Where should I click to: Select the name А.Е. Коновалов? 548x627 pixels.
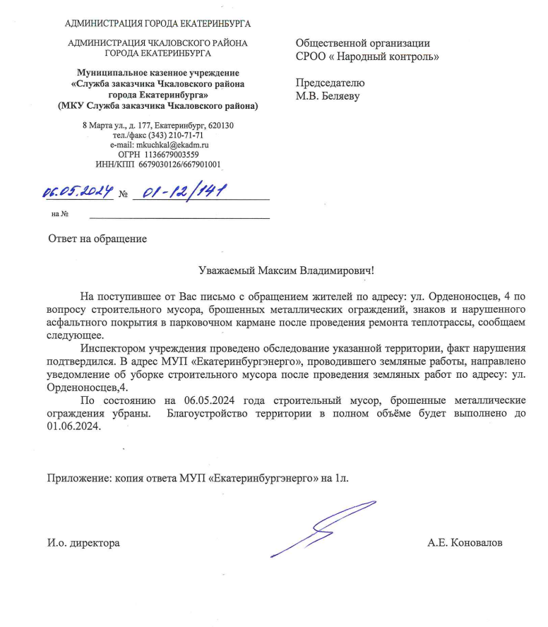[x=465, y=543]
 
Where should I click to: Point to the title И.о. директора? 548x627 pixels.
[x=83, y=543]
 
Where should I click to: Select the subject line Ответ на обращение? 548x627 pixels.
[x=97, y=238]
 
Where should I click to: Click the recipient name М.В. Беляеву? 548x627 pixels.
[x=328, y=96]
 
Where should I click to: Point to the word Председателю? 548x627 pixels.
[x=330, y=83]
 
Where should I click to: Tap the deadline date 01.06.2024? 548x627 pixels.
[x=75, y=427]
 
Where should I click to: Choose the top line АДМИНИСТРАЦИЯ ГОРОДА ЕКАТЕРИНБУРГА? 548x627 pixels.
[x=157, y=23]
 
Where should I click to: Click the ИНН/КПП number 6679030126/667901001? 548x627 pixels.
[x=181, y=165]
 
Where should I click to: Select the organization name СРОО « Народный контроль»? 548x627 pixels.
[x=367, y=56]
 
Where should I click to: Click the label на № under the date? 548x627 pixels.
[x=59, y=214]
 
